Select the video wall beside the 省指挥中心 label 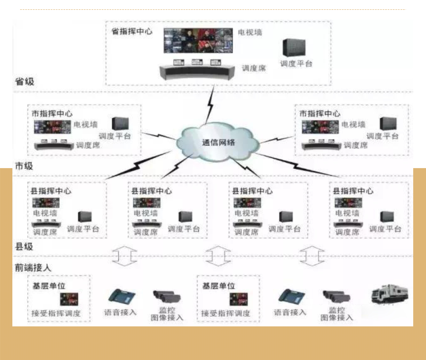(x=199, y=41)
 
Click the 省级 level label (x=24, y=81)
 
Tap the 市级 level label (x=24, y=166)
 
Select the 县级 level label (x=24, y=246)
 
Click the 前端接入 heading (x=33, y=268)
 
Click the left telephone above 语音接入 (x=121, y=296)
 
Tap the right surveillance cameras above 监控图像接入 (x=336, y=296)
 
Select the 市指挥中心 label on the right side (x=320, y=114)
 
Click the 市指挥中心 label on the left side (x=52, y=114)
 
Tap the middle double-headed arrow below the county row (x=218, y=256)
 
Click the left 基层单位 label (x=49, y=286)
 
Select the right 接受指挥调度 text (x=226, y=314)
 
